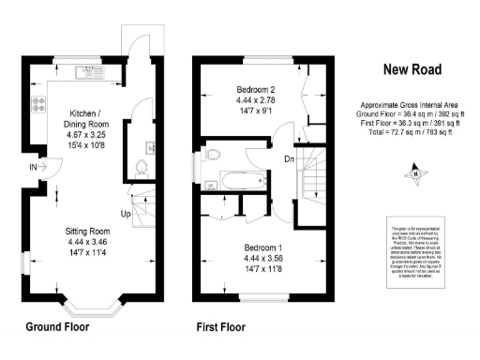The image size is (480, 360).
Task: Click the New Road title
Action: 412,68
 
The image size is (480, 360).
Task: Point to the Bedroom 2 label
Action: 257,89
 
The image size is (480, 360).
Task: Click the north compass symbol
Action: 412,172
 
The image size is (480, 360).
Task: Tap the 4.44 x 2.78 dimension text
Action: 257,100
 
